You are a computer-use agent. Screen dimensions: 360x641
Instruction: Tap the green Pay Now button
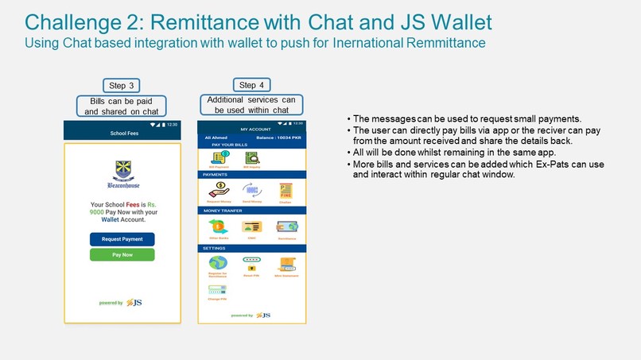click(x=122, y=255)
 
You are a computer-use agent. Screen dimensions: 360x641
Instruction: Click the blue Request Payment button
click(x=122, y=239)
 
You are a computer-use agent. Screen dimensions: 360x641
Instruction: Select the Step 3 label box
click(x=122, y=86)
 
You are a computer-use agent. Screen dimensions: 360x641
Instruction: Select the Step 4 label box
click(x=247, y=85)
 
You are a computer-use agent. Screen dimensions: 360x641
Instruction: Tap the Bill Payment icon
click(x=218, y=158)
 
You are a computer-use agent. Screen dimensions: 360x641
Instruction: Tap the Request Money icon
click(x=218, y=190)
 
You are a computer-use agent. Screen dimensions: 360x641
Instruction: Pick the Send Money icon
click(x=252, y=190)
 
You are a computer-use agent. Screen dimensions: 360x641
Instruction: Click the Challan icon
click(x=286, y=190)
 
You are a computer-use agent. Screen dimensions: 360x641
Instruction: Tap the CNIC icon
click(x=252, y=226)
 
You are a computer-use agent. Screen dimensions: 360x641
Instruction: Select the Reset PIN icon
click(x=252, y=263)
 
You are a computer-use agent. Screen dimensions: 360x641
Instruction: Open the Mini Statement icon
click(x=286, y=264)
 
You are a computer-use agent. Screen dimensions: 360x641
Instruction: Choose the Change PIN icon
click(x=218, y=291)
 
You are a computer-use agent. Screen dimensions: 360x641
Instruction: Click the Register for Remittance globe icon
click(x=218, y=263)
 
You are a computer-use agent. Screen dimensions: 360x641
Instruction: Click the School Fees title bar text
click(x=123, y=134)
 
